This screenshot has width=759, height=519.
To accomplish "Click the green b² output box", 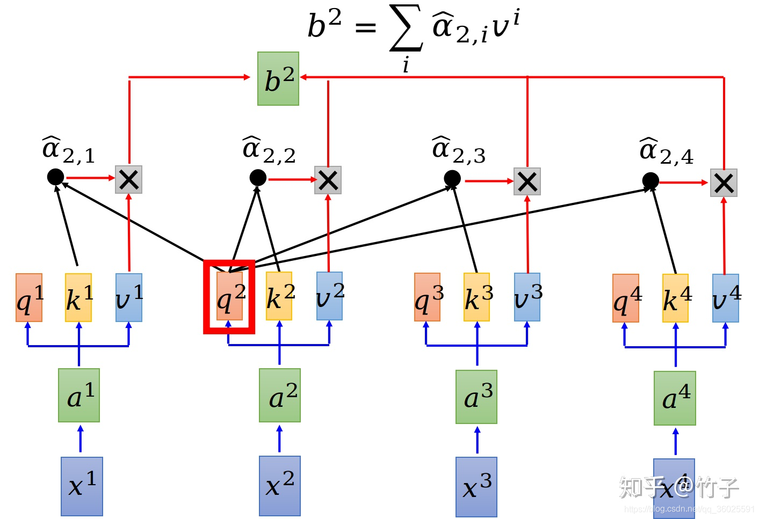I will coord(278,79).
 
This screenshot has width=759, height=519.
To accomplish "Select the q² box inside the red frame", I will coord(229,296).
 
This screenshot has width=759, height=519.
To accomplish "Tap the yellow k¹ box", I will coord(78,297).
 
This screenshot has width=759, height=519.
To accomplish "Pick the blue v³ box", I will coord(527,297).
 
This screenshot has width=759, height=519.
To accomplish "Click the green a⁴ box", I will coord(675,398).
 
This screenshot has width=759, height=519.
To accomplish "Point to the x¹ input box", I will coord(82,486).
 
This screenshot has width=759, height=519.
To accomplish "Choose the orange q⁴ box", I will coord(626,298).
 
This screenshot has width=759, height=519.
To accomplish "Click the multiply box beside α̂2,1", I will coord(129,179).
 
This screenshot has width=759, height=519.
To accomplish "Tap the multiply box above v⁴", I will coord(724,182).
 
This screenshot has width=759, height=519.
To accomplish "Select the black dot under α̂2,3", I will coord(452,178).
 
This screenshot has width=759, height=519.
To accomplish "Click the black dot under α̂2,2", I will coord(258,177).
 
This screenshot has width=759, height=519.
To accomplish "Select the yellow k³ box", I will coord(477,297).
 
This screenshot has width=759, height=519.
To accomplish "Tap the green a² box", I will coord(280,395).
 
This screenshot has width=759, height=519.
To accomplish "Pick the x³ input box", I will coord(476,487).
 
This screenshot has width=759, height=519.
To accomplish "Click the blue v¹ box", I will coord(129,297).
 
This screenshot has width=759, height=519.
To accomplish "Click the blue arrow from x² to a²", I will coord(279,438).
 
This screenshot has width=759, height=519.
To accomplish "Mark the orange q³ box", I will coord(428,297).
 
